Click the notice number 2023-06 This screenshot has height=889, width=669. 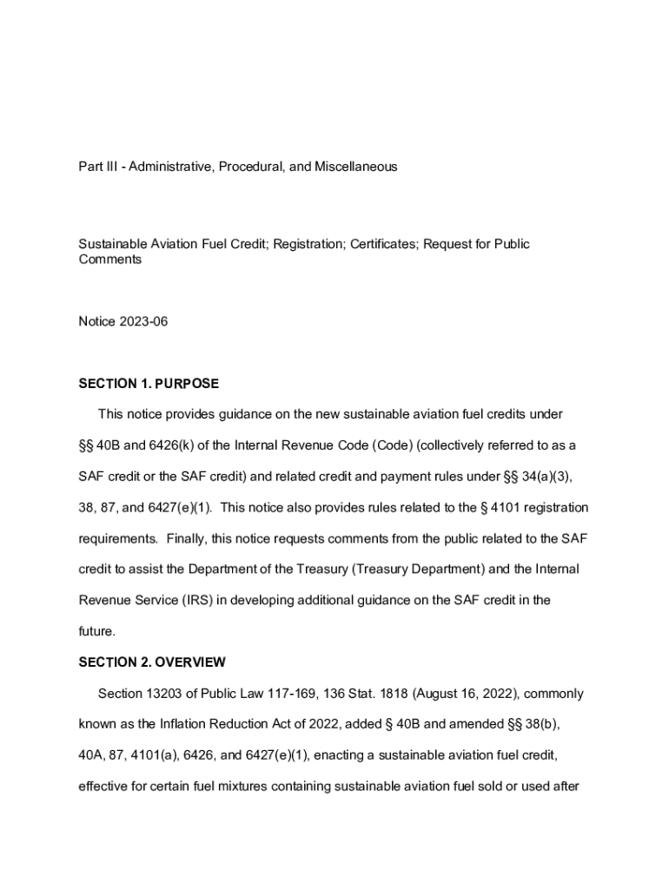point(142,322)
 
